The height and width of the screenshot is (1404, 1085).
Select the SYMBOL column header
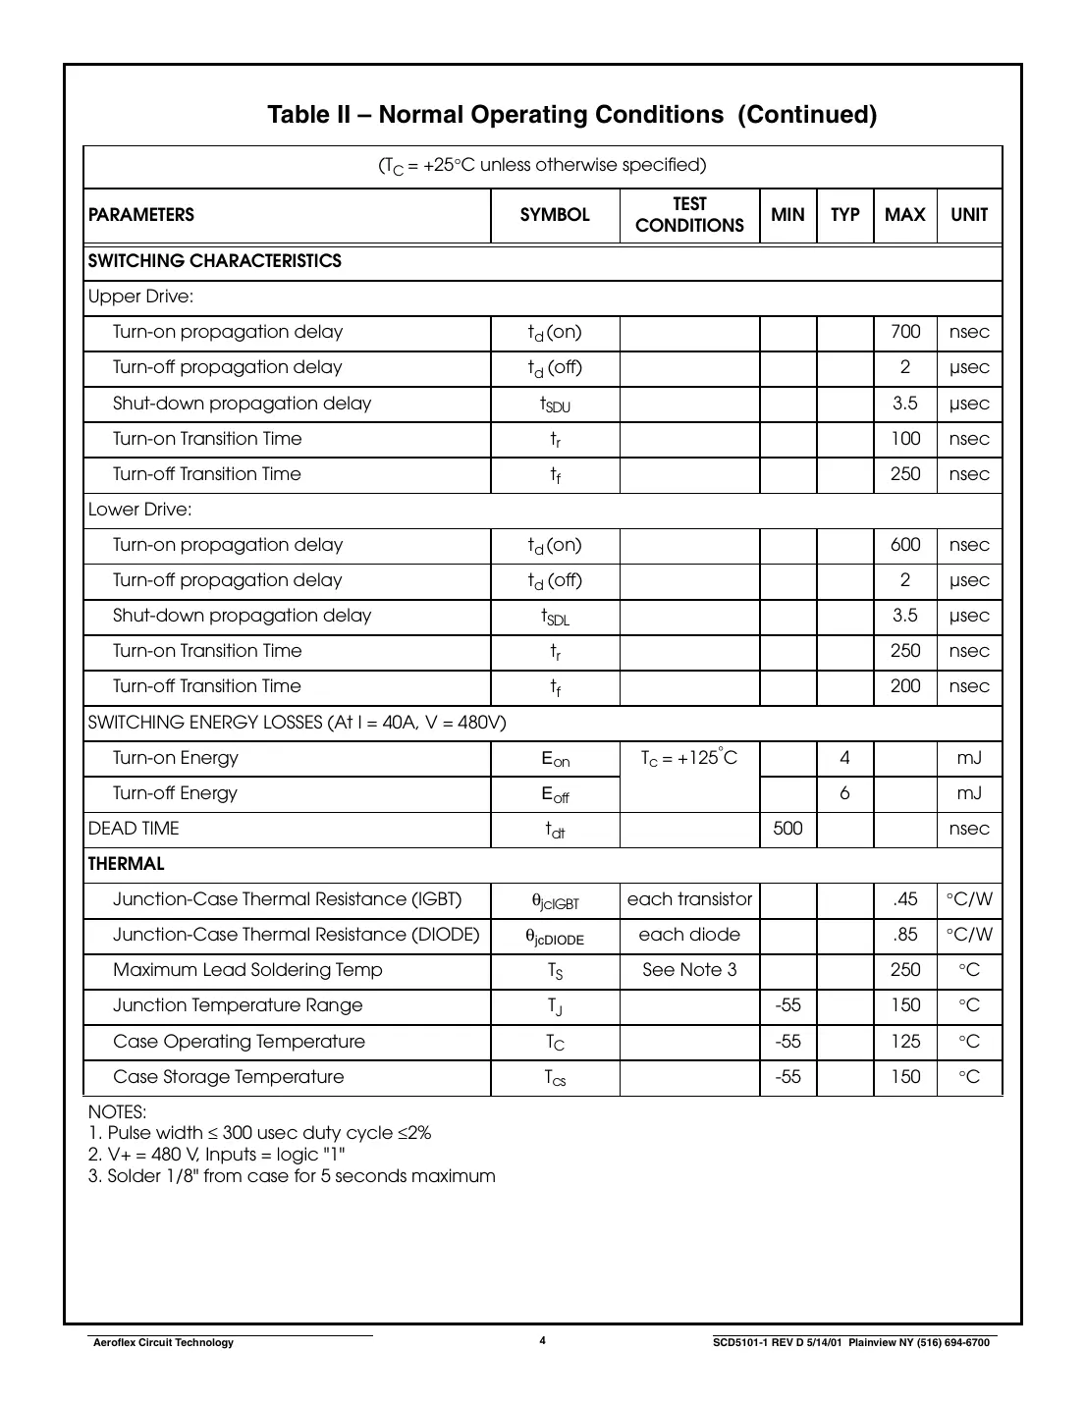coord(555,215)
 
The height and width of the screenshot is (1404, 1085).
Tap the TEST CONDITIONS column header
coord(689,215)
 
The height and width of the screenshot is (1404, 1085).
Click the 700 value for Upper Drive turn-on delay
coord(904,332)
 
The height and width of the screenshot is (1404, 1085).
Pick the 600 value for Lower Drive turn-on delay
coord(904,545)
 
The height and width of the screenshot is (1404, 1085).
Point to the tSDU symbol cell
coord(555,404)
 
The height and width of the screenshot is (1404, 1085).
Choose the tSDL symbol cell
coord(555,617)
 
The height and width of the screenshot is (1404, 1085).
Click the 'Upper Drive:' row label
coord(140,297)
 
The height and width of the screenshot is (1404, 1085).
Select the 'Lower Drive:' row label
coord(140,510)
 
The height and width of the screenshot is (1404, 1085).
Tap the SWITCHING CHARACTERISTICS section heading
coord(215,261)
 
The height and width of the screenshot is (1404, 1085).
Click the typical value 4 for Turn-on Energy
coord(844,758)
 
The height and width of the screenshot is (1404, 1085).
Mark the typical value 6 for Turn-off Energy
coord(844,793)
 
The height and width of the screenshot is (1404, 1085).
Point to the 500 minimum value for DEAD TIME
coord(787,829)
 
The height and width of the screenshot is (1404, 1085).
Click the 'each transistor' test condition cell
coord(689,899)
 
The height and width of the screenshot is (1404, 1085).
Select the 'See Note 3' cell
coord(689,970)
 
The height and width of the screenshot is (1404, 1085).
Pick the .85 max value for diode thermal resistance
coord(904,935)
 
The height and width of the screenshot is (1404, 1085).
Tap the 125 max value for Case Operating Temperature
coord(904,1042)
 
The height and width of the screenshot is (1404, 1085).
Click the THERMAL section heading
coord(127,864)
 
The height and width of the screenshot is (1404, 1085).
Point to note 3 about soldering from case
coord(292,1176)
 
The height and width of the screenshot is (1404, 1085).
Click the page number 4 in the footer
coord(542,1341)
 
